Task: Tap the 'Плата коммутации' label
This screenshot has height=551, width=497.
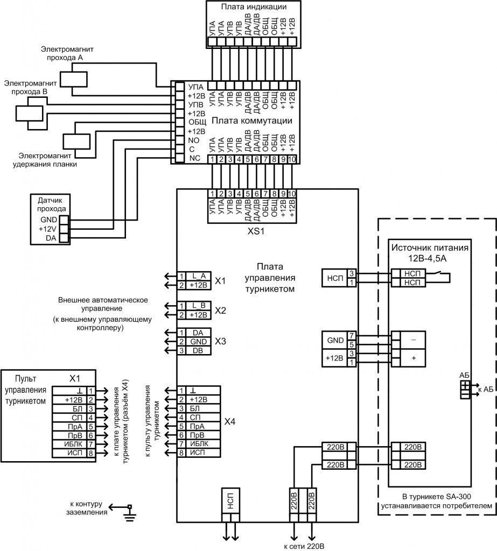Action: click(x=252, y=121)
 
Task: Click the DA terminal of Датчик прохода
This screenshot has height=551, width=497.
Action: click(x=64, y=237)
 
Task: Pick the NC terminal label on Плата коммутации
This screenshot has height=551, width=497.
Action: click(x=194, y=158)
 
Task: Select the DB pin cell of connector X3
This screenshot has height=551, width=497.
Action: click(x=198, y=351)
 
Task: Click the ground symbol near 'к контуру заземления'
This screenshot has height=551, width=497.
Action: click(x=129, y=512)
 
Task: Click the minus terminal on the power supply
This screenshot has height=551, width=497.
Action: click(x=414, y=340)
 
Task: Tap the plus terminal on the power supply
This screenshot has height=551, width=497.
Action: click(x=414, y=357)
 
